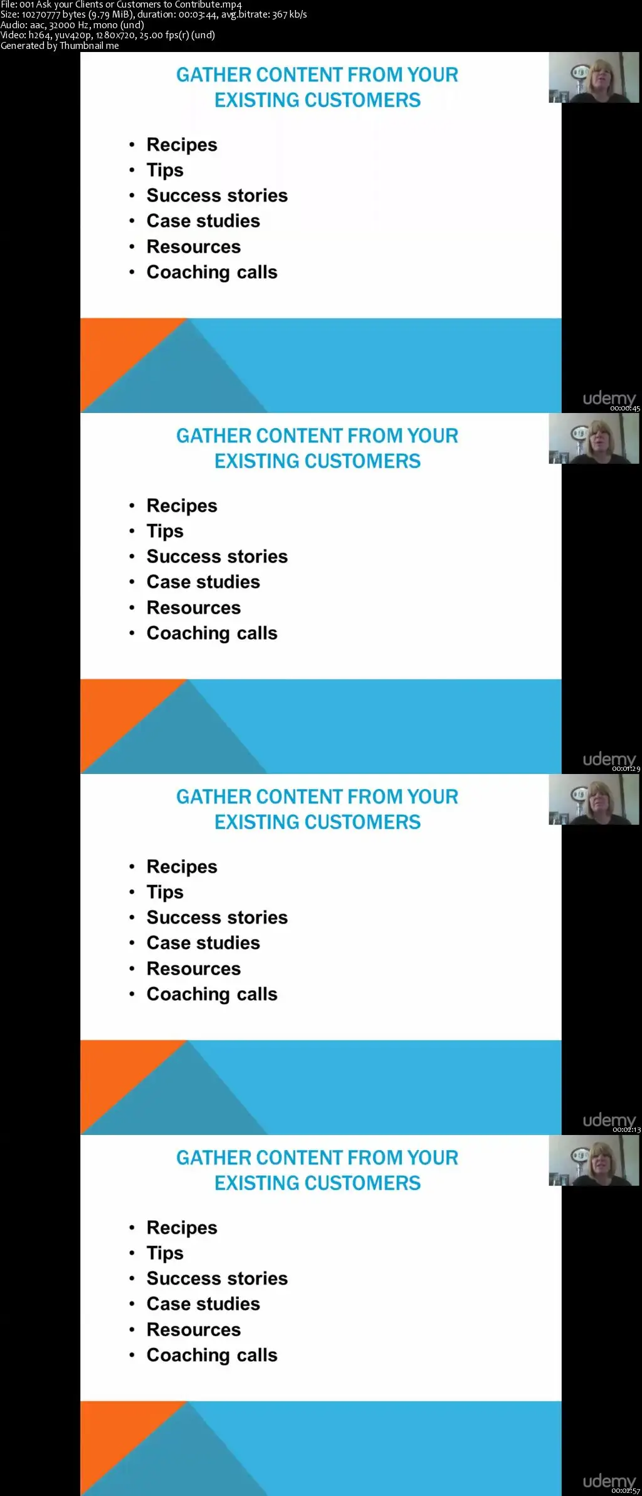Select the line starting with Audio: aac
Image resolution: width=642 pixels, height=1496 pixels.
(72, 25)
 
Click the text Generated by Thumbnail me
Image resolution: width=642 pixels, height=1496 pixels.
(60, 46)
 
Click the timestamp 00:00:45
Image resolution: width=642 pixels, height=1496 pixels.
(625, 409)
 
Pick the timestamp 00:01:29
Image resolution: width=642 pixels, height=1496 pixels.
(626, 769)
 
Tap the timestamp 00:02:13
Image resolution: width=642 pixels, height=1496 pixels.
(626, 1130)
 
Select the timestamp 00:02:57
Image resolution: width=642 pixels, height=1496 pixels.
(626, 1491)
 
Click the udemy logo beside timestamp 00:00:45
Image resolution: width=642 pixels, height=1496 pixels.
(609, 399)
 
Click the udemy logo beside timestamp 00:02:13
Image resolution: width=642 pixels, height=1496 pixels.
(609, 1120)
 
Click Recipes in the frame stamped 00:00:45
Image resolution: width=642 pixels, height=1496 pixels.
(182, 145)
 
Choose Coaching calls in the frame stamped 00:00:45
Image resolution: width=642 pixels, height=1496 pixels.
(212, 273)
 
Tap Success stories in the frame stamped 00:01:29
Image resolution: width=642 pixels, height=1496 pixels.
(217, 557)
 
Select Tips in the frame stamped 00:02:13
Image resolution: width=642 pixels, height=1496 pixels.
(165, 892)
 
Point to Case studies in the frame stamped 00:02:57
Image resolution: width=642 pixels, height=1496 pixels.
(203, 1304)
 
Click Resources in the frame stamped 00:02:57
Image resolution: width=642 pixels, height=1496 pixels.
(194, 1329)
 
